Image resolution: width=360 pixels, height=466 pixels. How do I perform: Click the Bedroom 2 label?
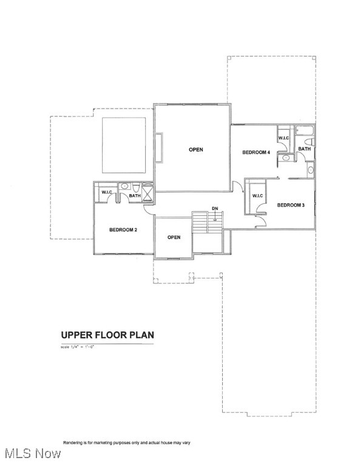point(123,230)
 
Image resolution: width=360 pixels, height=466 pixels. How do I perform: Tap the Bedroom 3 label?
point(290,205)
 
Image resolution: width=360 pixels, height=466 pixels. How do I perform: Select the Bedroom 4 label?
point(255,152)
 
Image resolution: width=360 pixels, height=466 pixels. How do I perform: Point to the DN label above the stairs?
point(214,209)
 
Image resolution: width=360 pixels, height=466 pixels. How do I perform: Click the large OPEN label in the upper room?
point(195,149)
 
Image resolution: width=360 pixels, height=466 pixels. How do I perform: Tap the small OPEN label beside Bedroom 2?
point(174,237)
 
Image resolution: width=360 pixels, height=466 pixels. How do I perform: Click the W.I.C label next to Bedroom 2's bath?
point(107,192)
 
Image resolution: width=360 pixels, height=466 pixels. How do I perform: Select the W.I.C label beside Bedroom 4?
point(284,138)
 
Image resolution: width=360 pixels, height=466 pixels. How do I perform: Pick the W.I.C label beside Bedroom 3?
point(257,195)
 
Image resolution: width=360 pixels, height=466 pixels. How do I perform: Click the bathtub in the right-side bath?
point(304,131)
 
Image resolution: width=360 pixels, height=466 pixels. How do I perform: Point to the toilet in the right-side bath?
point(310,170)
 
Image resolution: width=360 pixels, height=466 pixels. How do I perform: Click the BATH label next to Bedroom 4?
point(304,149)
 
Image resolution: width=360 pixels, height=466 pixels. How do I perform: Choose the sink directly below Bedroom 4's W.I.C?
point(285,157)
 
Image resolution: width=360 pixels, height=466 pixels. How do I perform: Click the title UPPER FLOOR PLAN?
point(107,334)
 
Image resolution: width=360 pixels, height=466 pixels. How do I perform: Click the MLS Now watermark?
point(32,453)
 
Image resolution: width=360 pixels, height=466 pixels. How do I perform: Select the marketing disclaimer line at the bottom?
point(126,442)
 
